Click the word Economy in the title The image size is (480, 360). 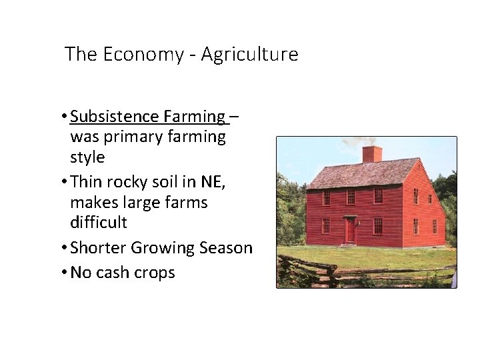pos(143,54)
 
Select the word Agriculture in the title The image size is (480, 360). pos(249,54)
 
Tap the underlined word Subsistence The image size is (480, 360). pos(114,117)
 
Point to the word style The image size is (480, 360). pos(87,157)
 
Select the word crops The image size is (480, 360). pos(155,273)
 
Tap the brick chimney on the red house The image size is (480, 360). pos(371,153)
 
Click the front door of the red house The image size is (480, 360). pos(350,231)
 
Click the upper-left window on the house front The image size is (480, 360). pos(326,197)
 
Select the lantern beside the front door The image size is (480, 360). pos(359,223)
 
